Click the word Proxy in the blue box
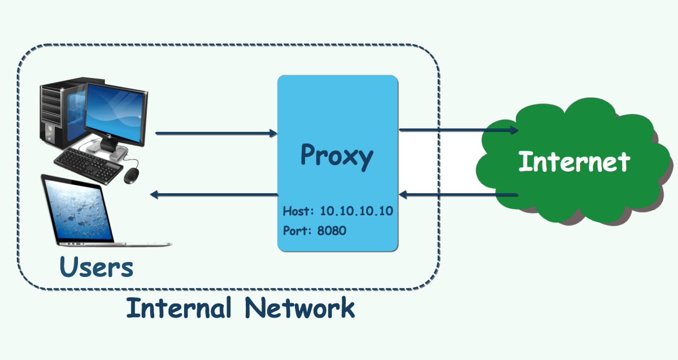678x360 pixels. coord(337,155)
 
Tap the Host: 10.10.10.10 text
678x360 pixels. coord(337,211)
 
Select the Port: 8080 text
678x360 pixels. coord(314,231)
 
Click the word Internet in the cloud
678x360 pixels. coord(573,162)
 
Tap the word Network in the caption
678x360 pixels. coord(300,308)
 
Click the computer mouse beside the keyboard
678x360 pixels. coord(132,175)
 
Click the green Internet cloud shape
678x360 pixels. coord(571,130)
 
